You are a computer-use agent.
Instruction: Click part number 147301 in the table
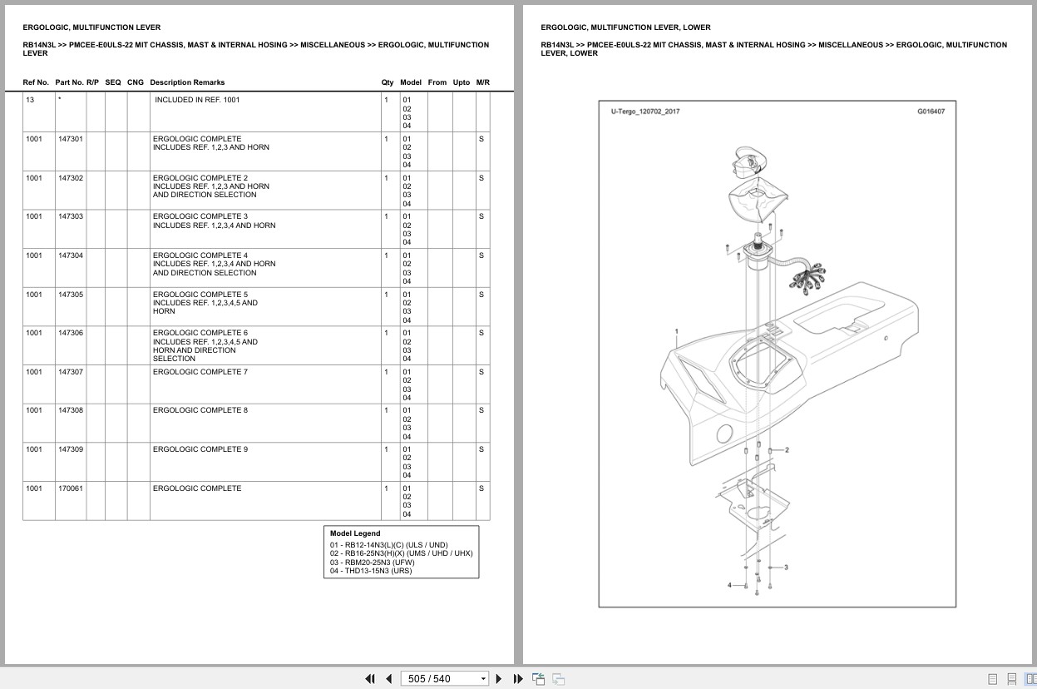pos(71,138)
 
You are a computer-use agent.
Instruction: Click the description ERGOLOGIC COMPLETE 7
pos(200,372)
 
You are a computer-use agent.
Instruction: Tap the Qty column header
pos(387,82)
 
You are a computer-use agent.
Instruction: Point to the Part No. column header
pos(69,82)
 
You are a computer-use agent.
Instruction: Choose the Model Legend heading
pos(354,533)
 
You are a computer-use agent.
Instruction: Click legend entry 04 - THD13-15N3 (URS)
pos(371,570)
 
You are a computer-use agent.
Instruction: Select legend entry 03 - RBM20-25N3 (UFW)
pos(373,562)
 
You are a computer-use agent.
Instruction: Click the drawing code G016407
pos(931,112)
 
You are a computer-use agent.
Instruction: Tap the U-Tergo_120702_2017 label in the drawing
pos(644,112)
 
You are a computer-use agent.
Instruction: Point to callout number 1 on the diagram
pos(676,331)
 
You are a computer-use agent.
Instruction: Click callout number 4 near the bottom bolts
pos(729,585)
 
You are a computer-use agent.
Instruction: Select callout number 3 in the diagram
pos(786,568)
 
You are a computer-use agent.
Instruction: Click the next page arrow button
pos(499,679)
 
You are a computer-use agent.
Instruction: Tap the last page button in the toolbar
pos(518,679)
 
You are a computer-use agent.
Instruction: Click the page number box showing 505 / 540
pos(444,679)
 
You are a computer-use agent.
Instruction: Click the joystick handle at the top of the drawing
pos(748,161)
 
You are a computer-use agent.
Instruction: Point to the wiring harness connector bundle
pos(807,279)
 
